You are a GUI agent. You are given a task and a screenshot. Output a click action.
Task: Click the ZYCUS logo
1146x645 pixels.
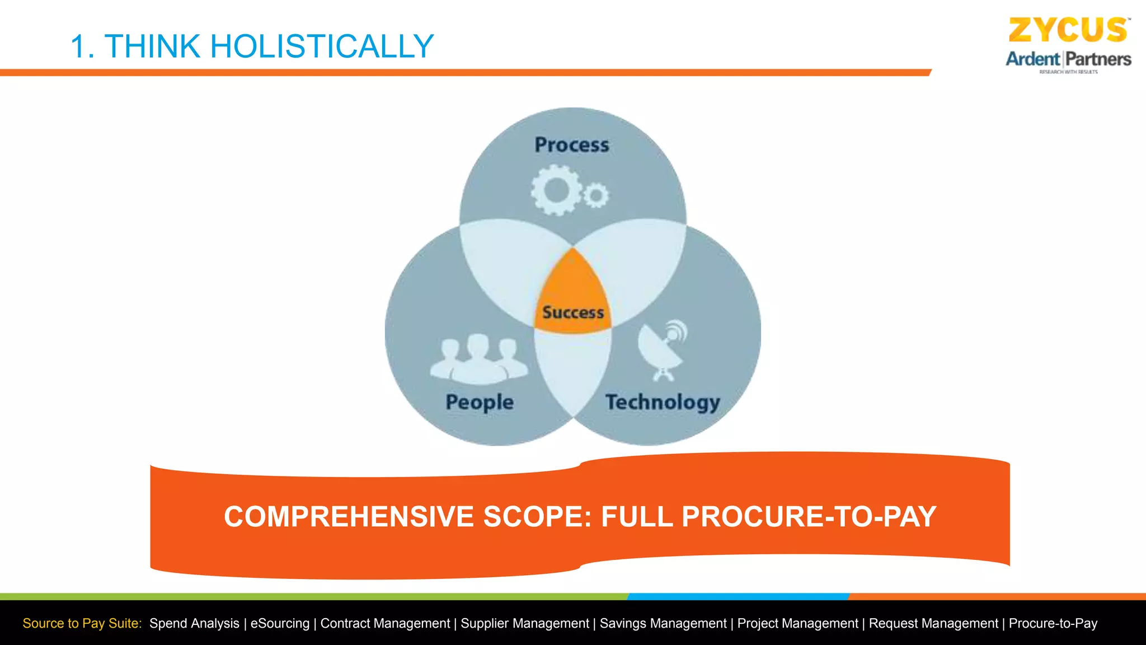coord(1068,30)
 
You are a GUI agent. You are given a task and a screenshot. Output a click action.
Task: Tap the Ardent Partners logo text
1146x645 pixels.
coord(1068,59)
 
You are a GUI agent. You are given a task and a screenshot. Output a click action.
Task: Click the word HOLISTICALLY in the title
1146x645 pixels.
coord(322,46)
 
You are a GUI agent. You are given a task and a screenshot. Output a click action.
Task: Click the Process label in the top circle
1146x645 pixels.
coord(571,145)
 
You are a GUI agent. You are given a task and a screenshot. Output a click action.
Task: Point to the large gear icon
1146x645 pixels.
coord(556,190)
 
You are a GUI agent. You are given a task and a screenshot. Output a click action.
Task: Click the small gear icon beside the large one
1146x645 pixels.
coord(596,195)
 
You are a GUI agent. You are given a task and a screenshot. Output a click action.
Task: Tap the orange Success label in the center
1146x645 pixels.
coord(573,312)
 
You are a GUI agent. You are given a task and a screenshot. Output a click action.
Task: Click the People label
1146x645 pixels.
coord(480,402)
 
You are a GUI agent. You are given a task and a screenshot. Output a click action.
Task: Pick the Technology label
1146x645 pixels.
coord(663,402)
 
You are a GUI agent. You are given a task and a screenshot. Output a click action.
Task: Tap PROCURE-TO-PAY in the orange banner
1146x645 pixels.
coord(809,516)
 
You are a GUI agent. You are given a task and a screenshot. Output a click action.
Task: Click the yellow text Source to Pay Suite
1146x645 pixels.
coord(82,623)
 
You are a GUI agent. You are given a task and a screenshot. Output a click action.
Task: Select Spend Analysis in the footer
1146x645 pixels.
coord(194,623)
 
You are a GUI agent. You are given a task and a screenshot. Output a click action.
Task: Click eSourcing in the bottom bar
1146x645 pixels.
coord(280,623)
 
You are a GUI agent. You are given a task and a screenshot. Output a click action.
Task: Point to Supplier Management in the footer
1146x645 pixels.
coord(525,623)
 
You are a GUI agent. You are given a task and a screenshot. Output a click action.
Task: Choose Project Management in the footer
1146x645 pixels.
coord(797,623)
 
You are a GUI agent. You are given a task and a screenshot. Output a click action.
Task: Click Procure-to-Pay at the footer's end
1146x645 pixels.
coord(1053,623)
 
